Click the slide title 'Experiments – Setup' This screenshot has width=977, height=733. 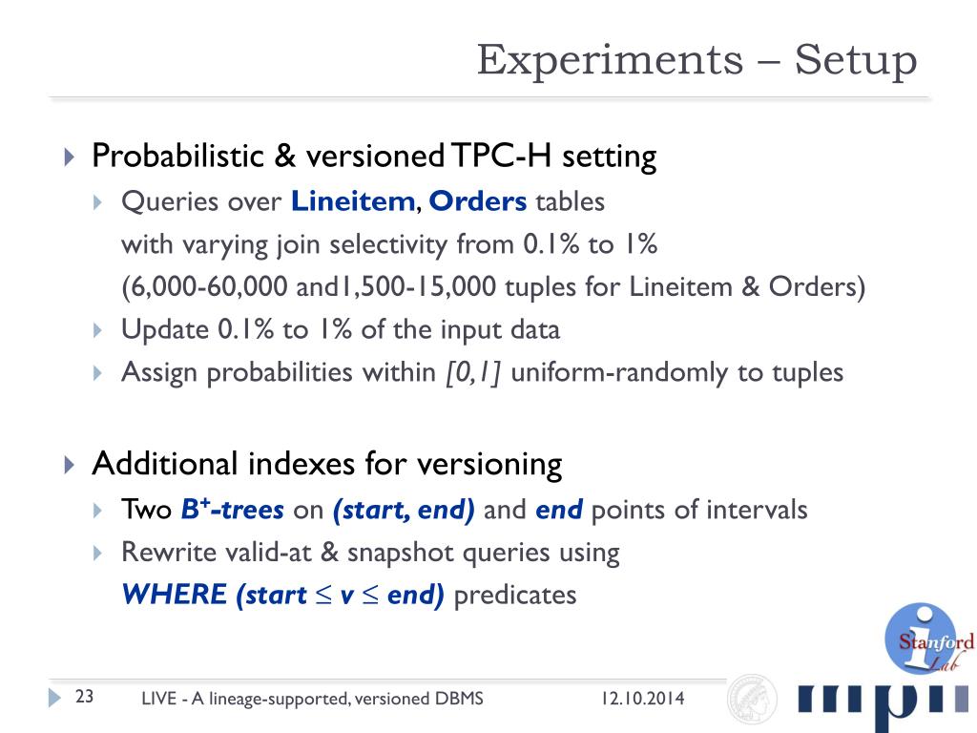coord(696,60)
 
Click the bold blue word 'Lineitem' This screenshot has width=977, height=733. coord(353,202)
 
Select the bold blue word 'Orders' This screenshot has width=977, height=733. coord(478,202)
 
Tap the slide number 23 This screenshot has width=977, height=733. coord(84,697)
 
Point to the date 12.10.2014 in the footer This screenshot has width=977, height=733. coord(642,699)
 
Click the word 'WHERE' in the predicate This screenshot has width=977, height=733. coord(175,596)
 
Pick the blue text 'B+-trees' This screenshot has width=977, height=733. coord(232,511)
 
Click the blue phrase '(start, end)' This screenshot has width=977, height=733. coord(404,511)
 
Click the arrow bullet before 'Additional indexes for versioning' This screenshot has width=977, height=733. coord(68,466)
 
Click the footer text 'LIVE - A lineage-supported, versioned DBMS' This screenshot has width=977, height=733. coord(312,699)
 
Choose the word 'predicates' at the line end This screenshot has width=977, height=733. coord(515,596)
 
